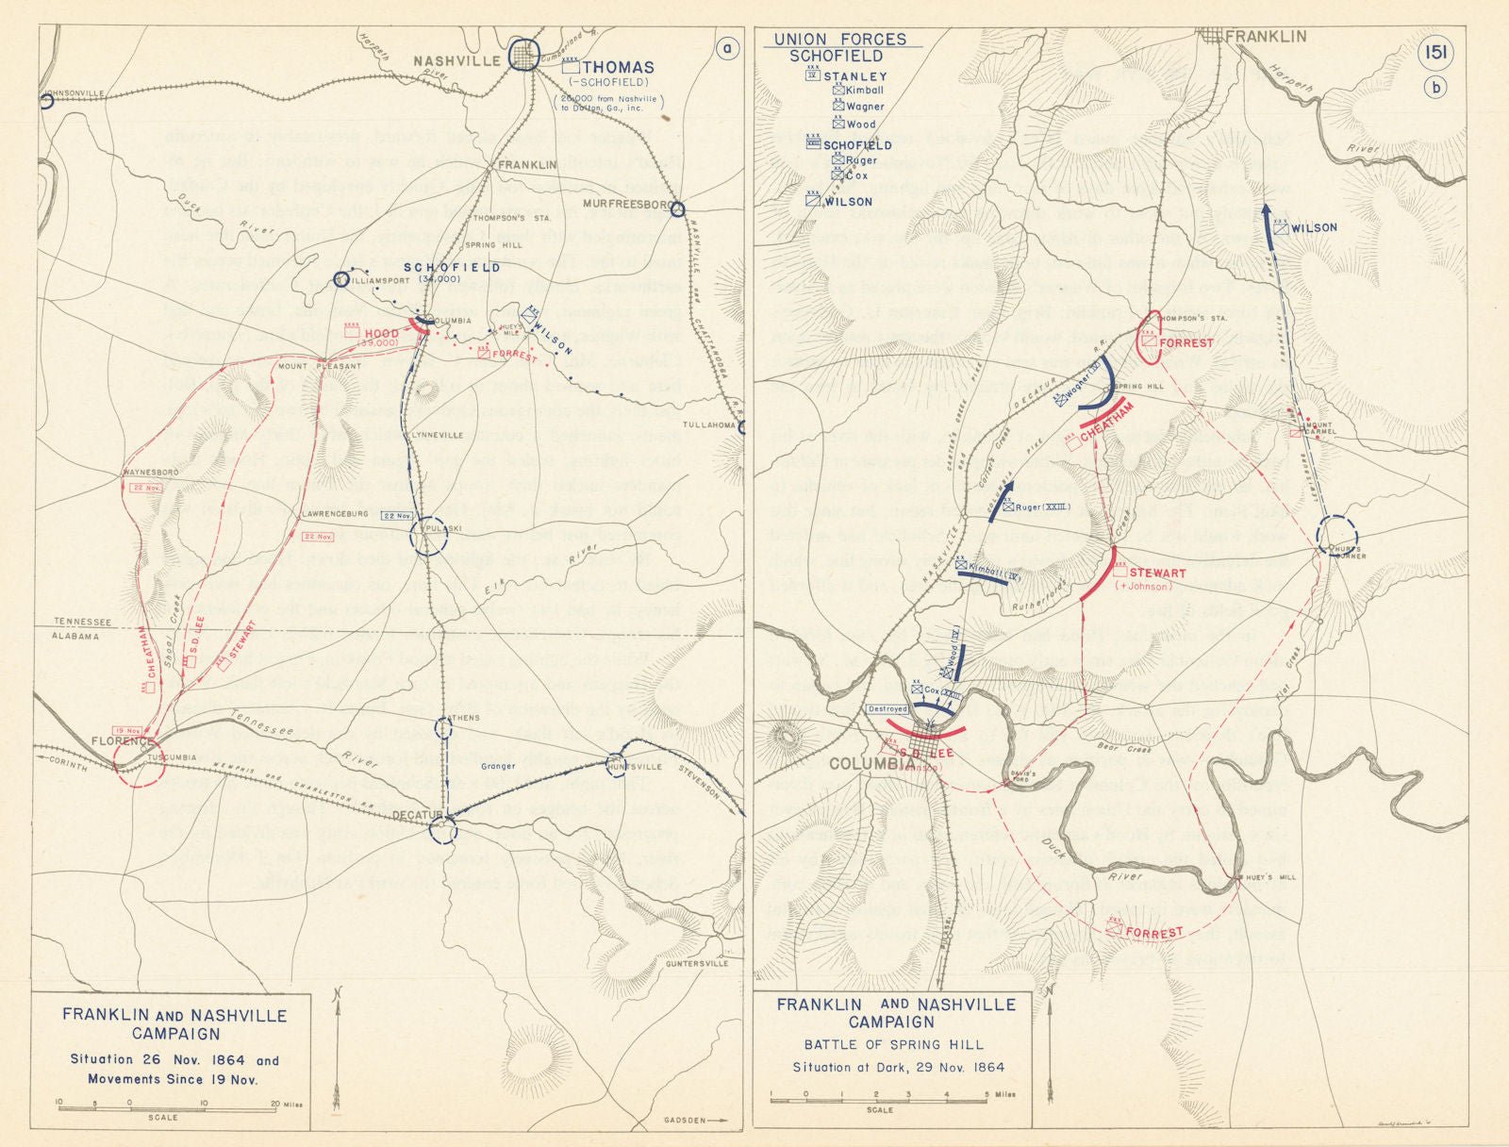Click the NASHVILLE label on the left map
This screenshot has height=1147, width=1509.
pyautogui.click(x=456, y=61)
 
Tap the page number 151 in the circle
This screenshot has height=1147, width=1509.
pyautogui.click(x=1435, y=53)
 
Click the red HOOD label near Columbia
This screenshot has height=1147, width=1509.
pyautogui.click(x=381, y=333)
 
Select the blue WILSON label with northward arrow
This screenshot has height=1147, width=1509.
pyautogui.click(x=1314, y=227)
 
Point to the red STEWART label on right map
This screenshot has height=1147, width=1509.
pyautogui.click(x=1156, y=573)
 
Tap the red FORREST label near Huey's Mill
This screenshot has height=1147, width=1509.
pyautogui.click(x=1154, y=933)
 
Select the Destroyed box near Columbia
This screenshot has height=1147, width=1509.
pyautogui.click(x=887, y=708)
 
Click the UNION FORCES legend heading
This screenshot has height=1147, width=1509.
pyautogui.click(x=839, y=39)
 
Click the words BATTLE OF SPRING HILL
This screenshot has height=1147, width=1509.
pyautogui.click(x=893, y=1044)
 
